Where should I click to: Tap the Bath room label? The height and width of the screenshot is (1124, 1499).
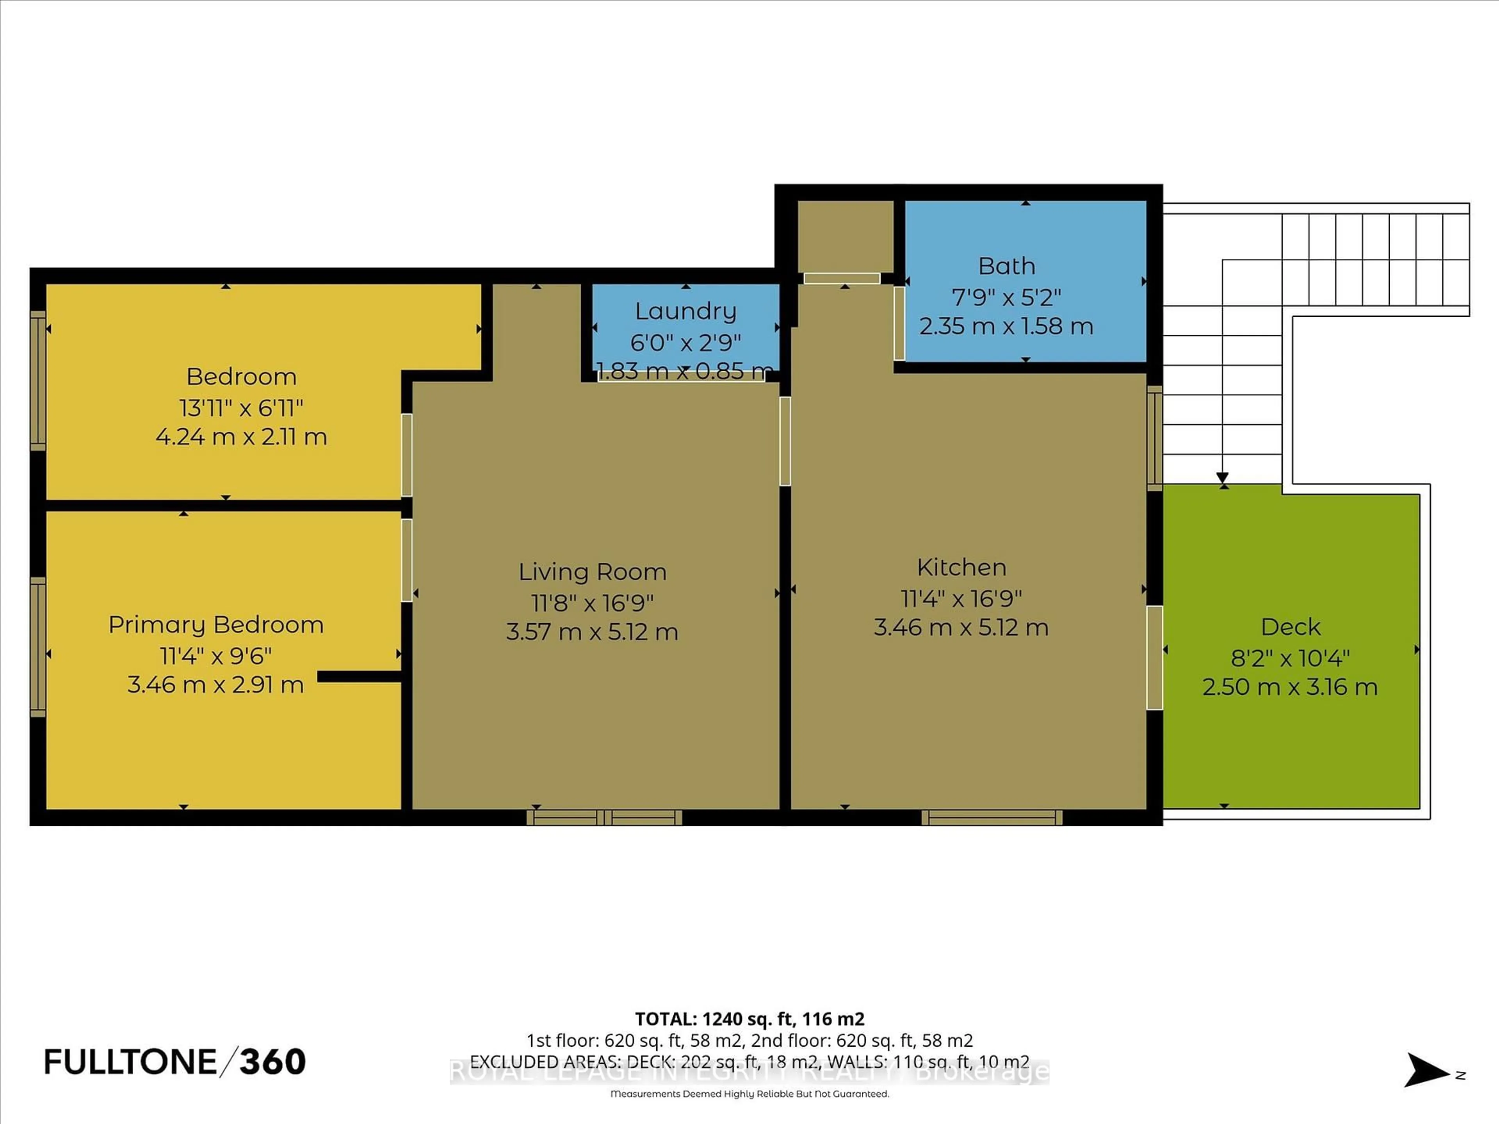[x=1006, y=266]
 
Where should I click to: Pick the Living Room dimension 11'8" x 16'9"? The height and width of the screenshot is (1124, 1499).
[x=592, y=602]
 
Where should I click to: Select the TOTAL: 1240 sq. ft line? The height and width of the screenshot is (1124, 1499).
[x=749, y=1019]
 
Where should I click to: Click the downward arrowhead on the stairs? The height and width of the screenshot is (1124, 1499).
[x=1223, y=478]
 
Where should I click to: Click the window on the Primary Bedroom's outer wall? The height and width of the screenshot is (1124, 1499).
[x=38, y=647]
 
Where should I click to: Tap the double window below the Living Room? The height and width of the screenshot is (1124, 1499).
[x=604, y=818]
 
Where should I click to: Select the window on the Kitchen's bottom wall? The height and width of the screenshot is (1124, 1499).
[x=992, y=818]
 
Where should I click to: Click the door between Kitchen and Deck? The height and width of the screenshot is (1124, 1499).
[x=1155, y=657]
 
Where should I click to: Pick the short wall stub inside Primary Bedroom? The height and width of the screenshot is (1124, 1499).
[x=359, y=676]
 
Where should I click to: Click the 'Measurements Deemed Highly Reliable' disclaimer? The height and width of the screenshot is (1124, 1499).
[x=749, y=1094]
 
